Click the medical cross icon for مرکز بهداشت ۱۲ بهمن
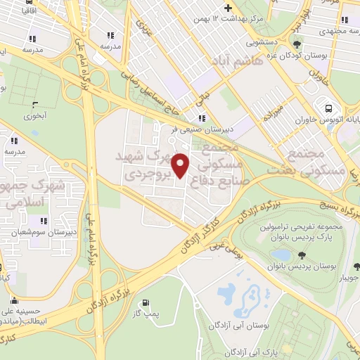tap(228, 7)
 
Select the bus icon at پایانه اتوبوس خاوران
tap(329, 108)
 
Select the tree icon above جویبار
tap(356, 266)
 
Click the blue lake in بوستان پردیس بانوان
tap(281, 254)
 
